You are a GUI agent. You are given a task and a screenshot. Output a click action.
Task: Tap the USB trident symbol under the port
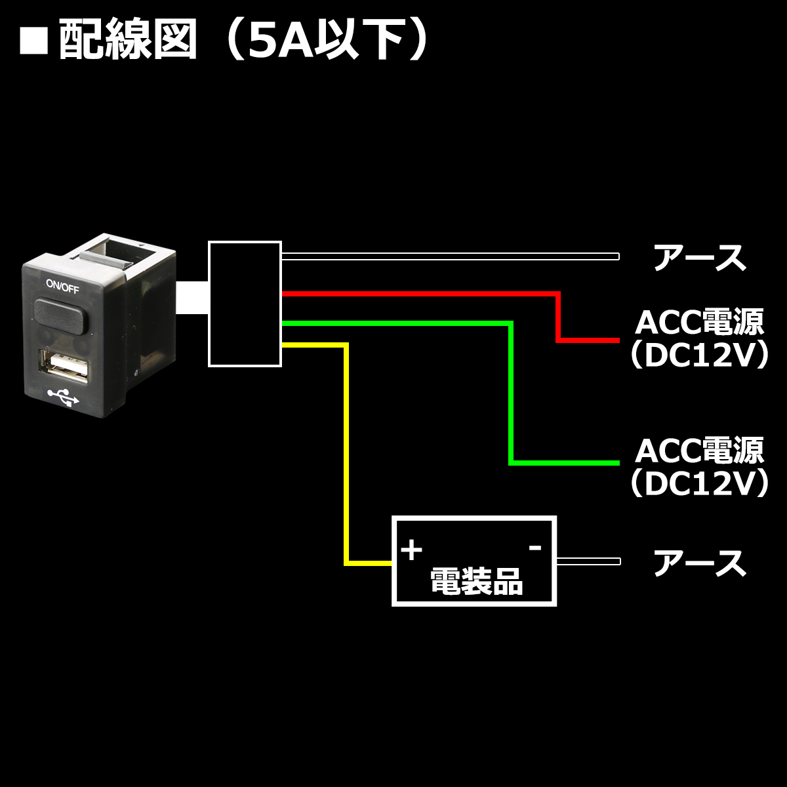coord(64,396)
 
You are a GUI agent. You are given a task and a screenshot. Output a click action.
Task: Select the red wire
coord(420,293)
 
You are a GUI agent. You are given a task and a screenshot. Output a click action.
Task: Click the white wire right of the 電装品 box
coord(588,561)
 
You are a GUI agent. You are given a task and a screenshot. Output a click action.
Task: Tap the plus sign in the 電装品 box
coord(411,550)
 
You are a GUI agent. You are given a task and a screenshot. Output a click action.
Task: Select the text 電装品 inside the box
coord(475,580)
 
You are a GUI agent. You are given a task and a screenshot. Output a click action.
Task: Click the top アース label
coord(699,258)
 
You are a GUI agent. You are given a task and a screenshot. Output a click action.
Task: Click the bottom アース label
coord(699,563)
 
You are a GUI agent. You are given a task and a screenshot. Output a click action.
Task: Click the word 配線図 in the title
coord(128,41)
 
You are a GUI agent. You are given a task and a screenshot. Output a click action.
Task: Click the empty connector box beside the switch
coord(245,304)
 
